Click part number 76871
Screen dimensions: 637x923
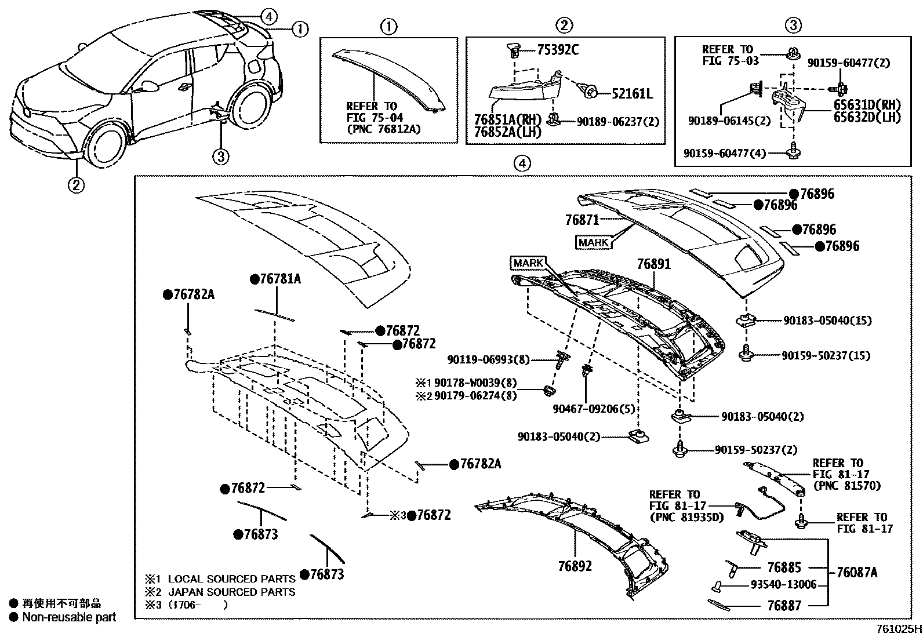click(x=582, y=220)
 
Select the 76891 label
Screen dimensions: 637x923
click(x=653, y=264)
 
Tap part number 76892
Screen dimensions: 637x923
click(x=575, y=566)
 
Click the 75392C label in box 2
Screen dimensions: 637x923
click(x=557, y=50)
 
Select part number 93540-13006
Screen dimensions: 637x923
click(x=784, y=585)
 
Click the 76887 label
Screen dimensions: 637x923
click(x=784, y=606)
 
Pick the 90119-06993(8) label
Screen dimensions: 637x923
click(x=488, y=360)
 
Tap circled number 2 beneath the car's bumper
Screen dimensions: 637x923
click(x=76, y=185)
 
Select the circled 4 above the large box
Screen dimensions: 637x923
click(x=522, y=163)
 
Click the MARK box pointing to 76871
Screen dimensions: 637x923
click(x=594, y=242)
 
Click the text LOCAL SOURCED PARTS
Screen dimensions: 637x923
click(x=231, y=578)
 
